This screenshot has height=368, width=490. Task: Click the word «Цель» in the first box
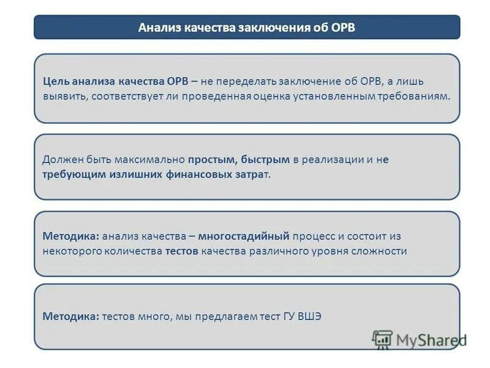[x=56, y=82]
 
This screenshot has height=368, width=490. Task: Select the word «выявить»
[x=61, y=96]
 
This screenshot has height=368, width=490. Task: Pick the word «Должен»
[x=61, y=159]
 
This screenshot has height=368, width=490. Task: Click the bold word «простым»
[x=212, y=159]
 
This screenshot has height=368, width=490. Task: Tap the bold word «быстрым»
[x=265, y=159]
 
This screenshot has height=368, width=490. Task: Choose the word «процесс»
[x=314, y=236]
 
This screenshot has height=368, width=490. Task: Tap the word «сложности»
[x=382, y=251]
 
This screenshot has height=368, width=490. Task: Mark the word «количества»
[x=132, y=251]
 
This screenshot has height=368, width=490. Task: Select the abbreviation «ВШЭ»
[x=309, y=316]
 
